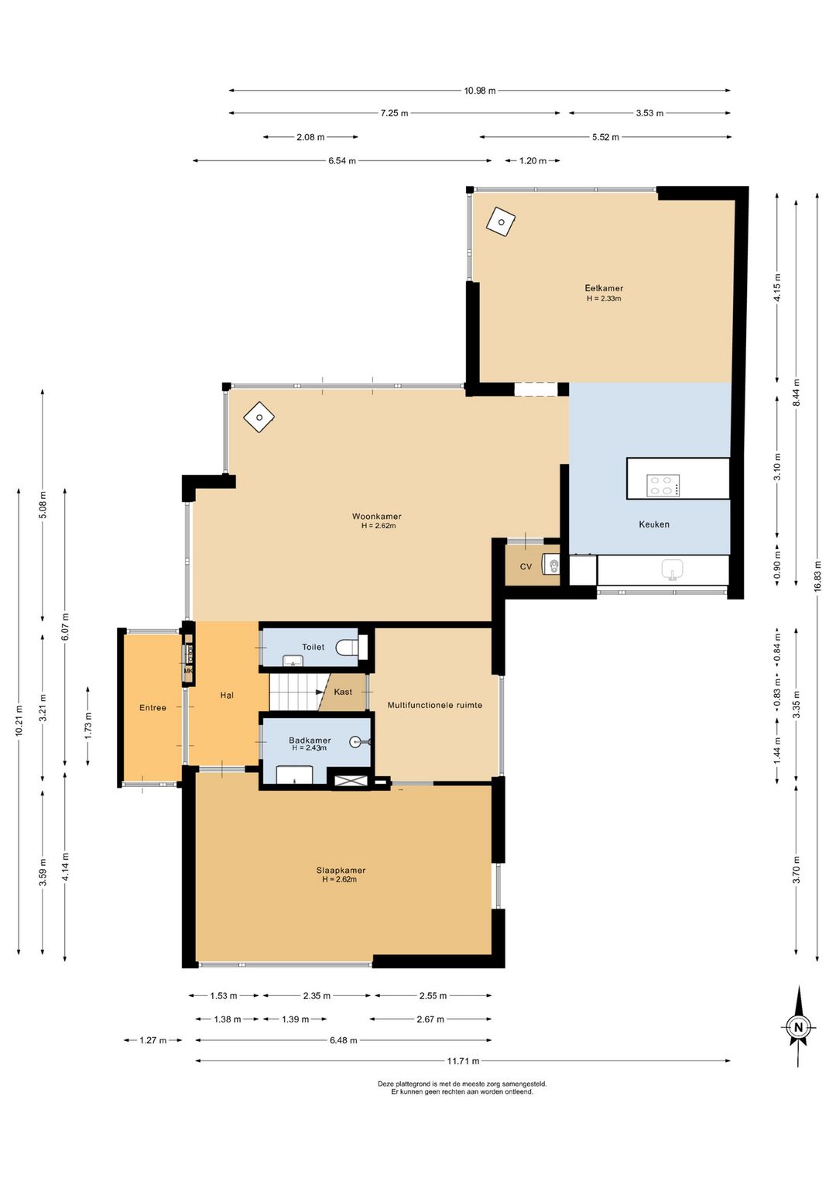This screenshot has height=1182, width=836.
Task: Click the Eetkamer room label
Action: tap(604, 288)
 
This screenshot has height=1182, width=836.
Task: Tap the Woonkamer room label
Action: tap(377, 517)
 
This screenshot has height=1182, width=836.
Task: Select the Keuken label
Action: tap(654, 524)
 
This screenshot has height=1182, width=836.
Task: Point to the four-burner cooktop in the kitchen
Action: tap(663, 486)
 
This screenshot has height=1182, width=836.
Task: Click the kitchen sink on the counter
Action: tap(673, 570)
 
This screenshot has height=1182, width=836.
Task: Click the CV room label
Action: tap(526, 567)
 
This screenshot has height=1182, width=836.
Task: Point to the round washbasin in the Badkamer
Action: tap(357, 741)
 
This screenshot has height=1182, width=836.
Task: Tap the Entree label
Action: tap(152, 708)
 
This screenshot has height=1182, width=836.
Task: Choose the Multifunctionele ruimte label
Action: tap(434, 705)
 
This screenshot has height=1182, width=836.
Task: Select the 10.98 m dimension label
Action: tap(480, 90)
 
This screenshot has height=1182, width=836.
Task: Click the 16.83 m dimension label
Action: tap(817, 576)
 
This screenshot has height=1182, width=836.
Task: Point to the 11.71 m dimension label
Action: tap(463, 1061)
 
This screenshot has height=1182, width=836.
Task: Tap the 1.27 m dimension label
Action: tap(153, 1040)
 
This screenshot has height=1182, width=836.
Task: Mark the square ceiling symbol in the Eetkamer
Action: tap(501, 222)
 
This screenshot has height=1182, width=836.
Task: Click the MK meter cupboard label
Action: tap(188, 671)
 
